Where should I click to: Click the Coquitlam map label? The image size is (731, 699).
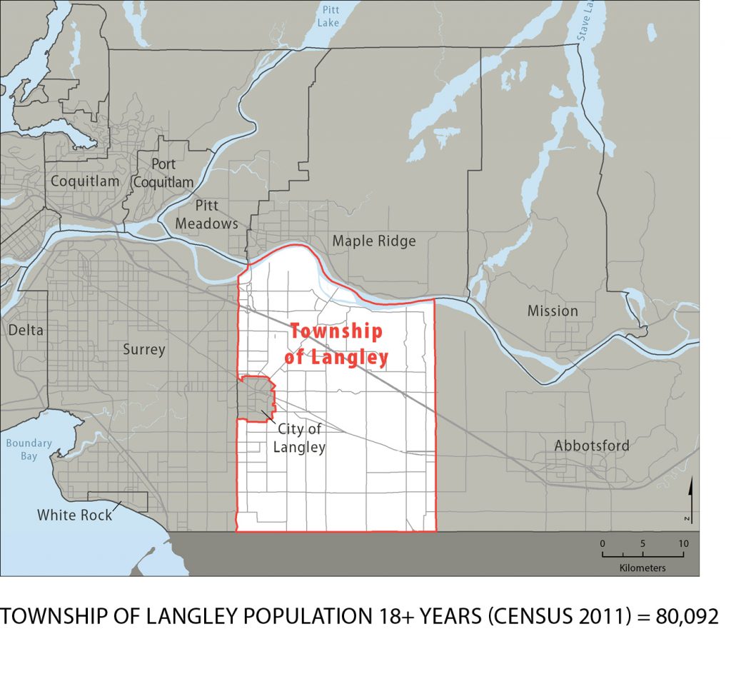click(x=85, y=181)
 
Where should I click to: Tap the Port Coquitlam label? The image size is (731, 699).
click(x=163, y=174)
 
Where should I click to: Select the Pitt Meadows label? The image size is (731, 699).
click(x=207, y=215)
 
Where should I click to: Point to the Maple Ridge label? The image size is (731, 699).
click(x=373, y=241)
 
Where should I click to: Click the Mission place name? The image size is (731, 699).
click(x=553, y=311)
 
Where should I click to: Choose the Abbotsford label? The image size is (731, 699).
click(x=592, y=446)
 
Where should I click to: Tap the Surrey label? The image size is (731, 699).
click(x=143, y=349)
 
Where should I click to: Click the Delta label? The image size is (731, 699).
click(x=26, y=330)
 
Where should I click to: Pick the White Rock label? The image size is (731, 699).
click(x=75, y=514)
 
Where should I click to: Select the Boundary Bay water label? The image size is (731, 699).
click(x=29, y=448)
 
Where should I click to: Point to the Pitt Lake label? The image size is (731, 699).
click(x=331, y=16)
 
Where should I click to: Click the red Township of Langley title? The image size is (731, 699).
click(x=336, y=344)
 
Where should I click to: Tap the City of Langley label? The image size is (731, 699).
click(x=298, y=438)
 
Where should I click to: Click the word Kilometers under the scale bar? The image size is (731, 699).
click(x=642, y=568)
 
